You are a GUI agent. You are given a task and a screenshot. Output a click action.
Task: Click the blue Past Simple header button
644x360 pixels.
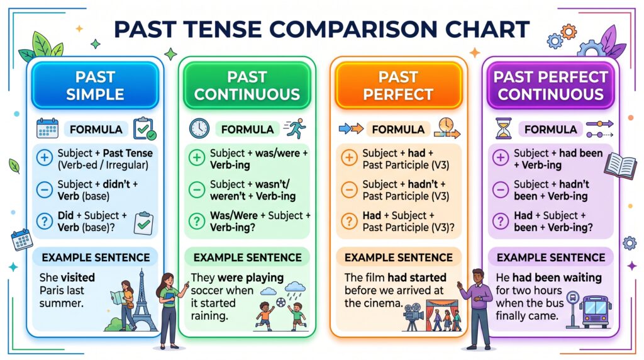[95, 86]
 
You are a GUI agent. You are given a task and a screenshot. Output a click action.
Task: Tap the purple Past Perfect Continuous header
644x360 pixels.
[550, 86]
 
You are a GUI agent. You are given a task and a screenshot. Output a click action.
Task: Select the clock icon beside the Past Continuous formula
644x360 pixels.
[199, 128]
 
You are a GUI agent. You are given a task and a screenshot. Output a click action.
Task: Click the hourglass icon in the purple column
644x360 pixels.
[504, 128]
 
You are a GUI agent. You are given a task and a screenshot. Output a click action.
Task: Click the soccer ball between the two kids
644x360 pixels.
[281, 303]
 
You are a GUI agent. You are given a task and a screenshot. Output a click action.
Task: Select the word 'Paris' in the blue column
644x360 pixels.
[50, 290]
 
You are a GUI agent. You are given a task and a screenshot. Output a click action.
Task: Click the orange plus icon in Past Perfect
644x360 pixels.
[349, 157]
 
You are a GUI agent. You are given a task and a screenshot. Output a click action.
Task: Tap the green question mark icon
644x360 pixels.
[197, 221]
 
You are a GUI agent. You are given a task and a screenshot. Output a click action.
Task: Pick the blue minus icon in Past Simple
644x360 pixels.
[45, 189]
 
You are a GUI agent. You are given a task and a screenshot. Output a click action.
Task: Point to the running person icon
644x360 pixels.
[295, 128]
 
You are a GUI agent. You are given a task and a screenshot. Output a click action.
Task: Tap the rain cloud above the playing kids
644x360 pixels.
[296, 288]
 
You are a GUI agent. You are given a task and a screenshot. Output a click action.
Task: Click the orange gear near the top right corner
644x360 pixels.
[569, 31]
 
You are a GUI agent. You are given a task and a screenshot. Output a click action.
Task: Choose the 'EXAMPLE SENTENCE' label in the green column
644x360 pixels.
[247, 257]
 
